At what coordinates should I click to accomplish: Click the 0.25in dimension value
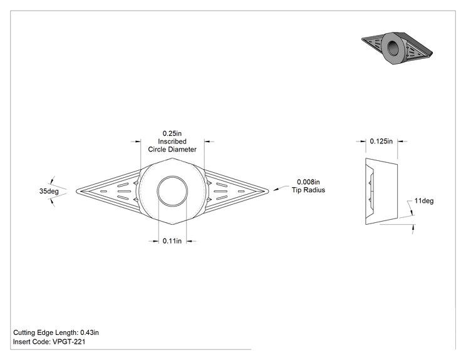(172, 133)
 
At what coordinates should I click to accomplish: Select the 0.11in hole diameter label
(172, 241)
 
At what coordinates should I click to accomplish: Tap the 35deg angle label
(49, 191)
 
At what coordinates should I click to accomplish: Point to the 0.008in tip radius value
(309, 182)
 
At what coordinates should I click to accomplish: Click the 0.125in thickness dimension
(381, 141)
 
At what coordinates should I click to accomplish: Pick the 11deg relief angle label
(424, 201)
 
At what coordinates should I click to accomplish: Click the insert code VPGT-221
(69, 342)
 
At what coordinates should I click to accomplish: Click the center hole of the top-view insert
(172, 192)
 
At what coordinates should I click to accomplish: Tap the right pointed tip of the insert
(268, 191)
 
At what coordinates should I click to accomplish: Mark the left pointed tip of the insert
(76, 191)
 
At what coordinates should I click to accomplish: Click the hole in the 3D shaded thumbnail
(394, 48)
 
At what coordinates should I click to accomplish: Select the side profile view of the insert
(381, 192)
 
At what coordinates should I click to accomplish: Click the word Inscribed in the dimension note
(172, 141)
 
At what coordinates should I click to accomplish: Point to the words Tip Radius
(309, 190)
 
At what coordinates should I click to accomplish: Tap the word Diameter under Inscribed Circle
(183, 149)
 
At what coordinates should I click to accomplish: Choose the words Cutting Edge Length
(46, 332)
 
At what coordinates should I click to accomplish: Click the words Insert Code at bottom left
(32, 342)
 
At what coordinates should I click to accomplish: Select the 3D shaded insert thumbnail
(397, 48)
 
